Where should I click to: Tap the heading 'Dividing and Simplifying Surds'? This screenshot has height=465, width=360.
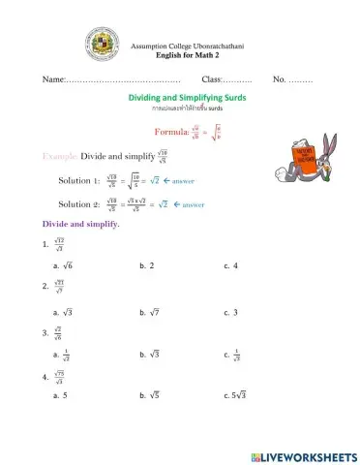(x=187, y=98)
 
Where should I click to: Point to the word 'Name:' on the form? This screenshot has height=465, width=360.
(x=54, y=77)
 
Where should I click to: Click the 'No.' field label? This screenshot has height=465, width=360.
(x=280, y=77)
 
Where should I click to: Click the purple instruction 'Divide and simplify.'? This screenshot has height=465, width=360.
(x=80, y=225)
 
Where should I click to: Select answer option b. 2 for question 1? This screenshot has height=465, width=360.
(x=147, y=264)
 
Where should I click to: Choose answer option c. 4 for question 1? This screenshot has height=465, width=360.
(x=230, y=264)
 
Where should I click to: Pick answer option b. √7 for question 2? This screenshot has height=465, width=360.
(x=149, y=312)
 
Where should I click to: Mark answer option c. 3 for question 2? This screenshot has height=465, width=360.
(x=230, y=312)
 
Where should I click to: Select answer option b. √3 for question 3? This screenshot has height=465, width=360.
(x=149, y=355)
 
